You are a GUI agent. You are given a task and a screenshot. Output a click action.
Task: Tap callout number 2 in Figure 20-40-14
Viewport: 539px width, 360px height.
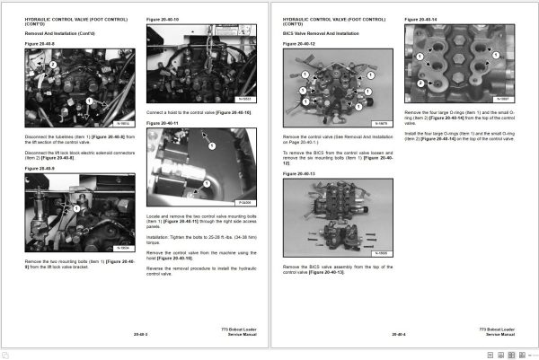(420, 83)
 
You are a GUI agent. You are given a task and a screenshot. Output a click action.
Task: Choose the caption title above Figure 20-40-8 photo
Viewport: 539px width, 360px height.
(40, 43)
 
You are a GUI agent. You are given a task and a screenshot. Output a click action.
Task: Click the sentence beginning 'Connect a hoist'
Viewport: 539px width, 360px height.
(199, 113)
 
